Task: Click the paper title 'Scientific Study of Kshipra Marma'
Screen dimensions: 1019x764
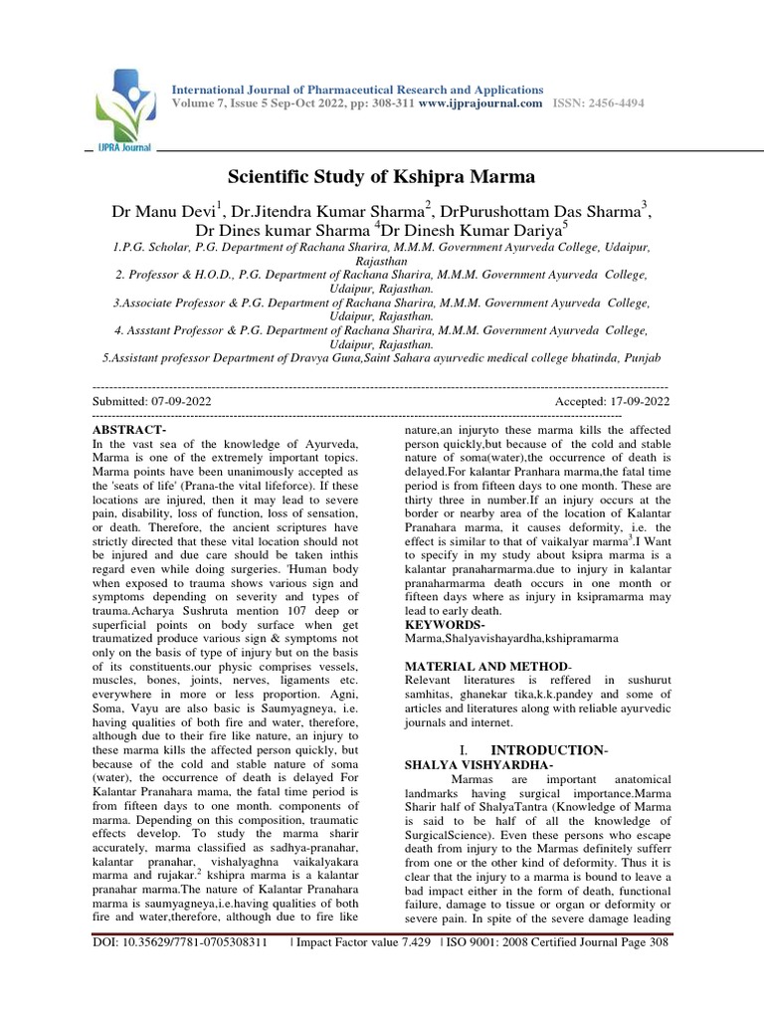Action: (382, 177)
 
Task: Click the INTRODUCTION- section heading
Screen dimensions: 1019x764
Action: (551, 748)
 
